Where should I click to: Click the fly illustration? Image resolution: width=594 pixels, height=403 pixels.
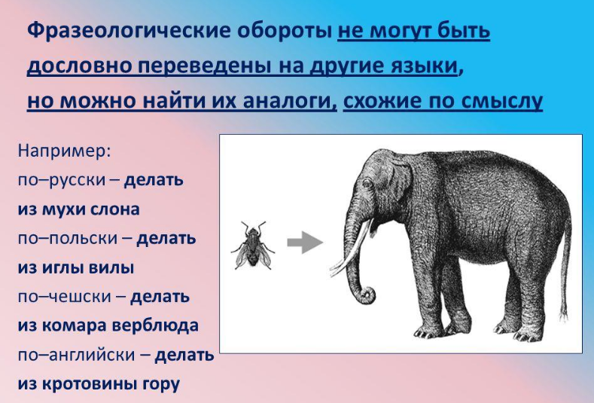click(x=253, y=246)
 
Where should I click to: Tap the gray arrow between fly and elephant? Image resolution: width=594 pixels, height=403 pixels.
click(x=305, y=243)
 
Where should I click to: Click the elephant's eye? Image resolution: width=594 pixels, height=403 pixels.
click(x=367, y=184)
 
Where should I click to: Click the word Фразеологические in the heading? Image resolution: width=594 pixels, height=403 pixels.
click(x=129, y=30)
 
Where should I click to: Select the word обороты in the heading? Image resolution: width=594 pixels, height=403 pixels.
click(x=284, y=30)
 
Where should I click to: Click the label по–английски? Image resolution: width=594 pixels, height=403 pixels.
click(x=76, y=356)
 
